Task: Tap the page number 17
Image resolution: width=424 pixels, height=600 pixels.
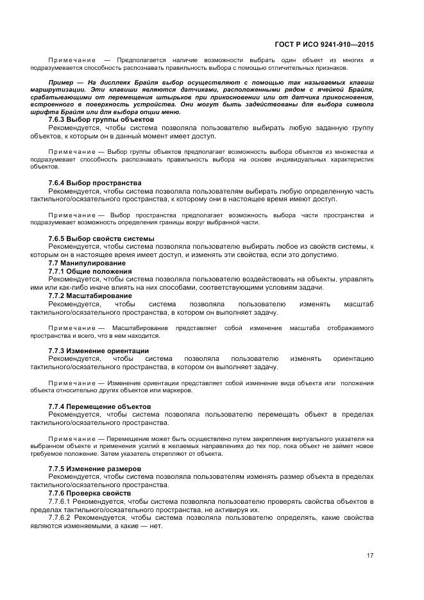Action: pos(370,556)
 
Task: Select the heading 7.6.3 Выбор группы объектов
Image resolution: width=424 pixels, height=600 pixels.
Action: pos(101,120)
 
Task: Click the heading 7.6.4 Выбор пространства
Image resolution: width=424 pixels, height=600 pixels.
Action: pos(95,183)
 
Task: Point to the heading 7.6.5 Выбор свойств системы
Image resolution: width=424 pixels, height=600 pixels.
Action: pos(101,238)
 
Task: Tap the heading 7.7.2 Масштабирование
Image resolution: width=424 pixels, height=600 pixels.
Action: pos(90,296)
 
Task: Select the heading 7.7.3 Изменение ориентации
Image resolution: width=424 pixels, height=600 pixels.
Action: pos(99,351)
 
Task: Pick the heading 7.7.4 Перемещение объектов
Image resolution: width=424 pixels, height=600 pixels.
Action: pos(99,406)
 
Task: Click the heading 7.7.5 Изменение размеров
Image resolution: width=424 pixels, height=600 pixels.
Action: pos(94,469)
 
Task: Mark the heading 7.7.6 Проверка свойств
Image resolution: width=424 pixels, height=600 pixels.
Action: pos(89,493)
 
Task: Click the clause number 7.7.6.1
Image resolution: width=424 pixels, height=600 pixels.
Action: pos(63,501)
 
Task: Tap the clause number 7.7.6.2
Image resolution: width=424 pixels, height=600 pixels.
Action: pos(63,517)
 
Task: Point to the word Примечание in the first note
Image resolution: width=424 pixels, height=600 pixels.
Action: pos(71,60)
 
